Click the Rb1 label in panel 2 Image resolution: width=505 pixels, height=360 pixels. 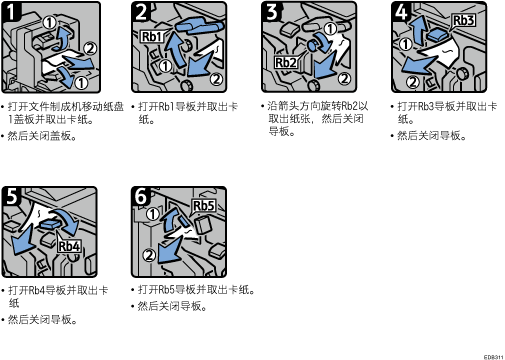[152, 36]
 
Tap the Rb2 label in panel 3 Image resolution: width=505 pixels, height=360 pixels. [286, 62]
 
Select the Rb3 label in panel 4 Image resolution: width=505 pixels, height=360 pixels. [463, 20]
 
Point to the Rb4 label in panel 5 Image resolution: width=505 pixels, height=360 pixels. [69, 246]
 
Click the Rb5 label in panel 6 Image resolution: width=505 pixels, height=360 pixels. [204, 206]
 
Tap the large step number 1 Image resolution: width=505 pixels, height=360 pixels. [11, 12]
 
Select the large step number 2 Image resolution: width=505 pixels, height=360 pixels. [142, 12]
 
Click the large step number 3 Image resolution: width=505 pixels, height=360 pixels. [272, 12]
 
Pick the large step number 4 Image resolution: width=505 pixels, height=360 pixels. [402, 12]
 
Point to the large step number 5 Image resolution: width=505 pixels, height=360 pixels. [12, 196]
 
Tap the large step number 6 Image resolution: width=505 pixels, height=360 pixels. [141, 196]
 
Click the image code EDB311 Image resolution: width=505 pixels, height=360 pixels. [494, 357]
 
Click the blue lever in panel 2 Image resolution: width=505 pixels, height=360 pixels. [198, 26]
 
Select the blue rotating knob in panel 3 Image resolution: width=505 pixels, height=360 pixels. [313, 45]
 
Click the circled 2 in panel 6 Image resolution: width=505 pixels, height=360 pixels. [149, 255]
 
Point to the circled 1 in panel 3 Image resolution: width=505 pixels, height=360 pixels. [330, 29]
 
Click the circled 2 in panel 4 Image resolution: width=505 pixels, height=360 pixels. [413, 82]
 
